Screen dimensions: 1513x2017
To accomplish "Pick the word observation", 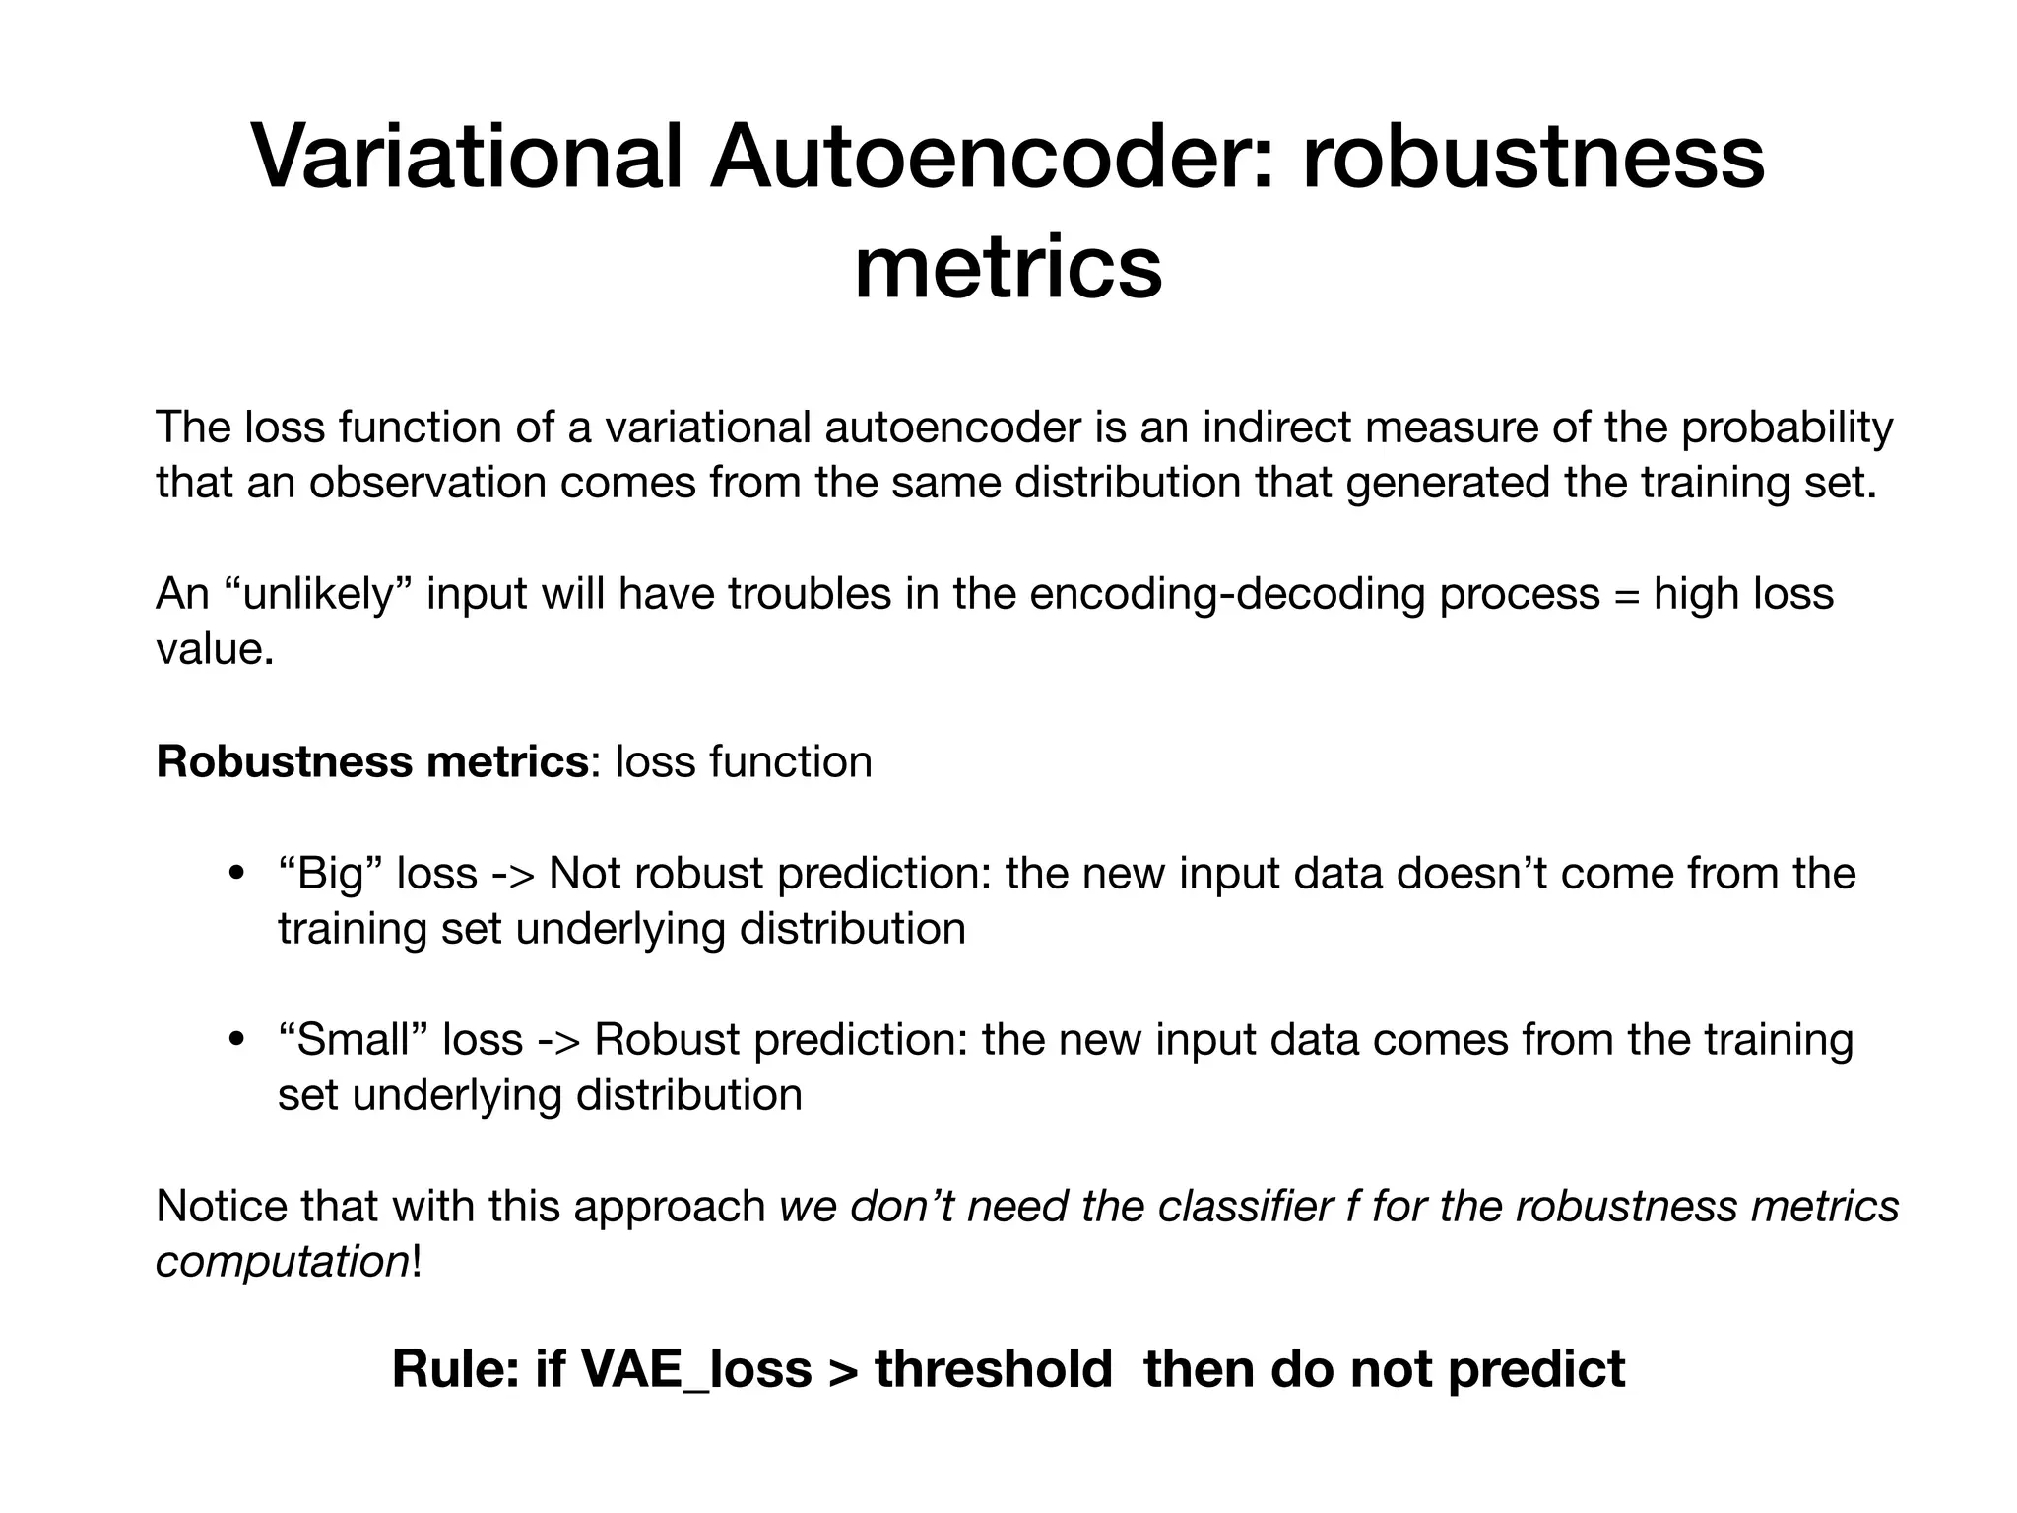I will click(427, 483).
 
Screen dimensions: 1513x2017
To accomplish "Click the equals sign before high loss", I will click(1627, 595).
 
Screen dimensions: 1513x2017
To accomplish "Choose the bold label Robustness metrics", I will click(372, 761).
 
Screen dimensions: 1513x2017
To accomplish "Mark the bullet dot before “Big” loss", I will click(235, 875).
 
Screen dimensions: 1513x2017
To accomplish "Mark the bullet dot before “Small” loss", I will click(235, 1041).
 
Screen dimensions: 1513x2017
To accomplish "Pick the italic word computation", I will click(282, 1262).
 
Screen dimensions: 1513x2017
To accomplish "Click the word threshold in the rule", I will click(993, 1369).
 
